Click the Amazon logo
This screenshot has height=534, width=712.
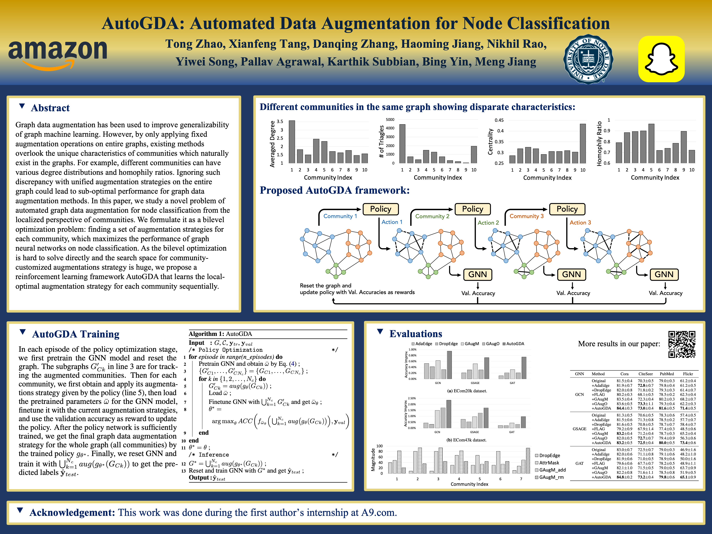[x=58, y=55]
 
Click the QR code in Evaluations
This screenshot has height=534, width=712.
[x=682, y=344]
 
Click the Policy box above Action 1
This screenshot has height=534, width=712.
[x=380, y=209]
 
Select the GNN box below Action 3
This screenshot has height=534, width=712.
[x=664, y=274]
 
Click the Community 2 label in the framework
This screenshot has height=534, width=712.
[x=432, y=216]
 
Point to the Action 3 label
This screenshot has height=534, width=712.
[x=580, y=222]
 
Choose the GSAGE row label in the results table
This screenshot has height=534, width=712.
[x=579, y=429]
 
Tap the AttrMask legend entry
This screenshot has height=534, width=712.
[x=549, y=463]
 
